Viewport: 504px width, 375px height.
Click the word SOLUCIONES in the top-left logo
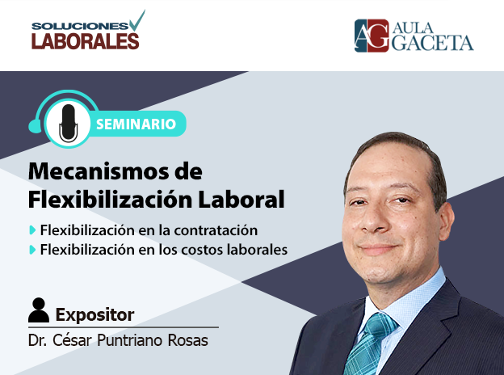[x=80, y=26]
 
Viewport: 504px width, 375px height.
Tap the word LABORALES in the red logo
[x=85, y=41]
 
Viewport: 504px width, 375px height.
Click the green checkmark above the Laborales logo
[x=137, y=20]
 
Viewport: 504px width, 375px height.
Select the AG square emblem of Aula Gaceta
[x=372, y=36]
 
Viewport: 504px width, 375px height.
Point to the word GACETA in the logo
[x=432, y=43]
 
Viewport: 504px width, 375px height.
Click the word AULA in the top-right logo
[x=413, y=28]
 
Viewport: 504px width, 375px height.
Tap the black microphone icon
[x=68, y=123]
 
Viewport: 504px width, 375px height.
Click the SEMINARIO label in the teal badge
[x=136, y=124]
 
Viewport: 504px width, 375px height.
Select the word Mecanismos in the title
[x=99, y=171]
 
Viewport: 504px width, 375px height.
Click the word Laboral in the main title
[x=241, y=200]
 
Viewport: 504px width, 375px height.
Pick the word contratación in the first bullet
[x=216, y=230]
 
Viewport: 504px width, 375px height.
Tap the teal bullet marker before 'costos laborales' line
[x=32, y=250]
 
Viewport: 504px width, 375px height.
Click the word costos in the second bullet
[x=202, y=250]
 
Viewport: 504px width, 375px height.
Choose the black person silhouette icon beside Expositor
[x=39, y=310]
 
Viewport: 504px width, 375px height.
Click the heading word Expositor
[x=94, y=314]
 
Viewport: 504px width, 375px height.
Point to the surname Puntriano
[x=130, y=340]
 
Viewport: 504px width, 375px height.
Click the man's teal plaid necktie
[x=370, y=343]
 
